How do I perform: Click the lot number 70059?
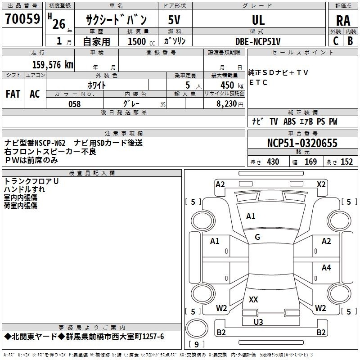pyautogui.click(x=22, y=19)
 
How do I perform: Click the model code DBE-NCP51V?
pyautogui.click(x=258, y=41)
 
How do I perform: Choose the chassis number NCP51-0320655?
pyautogui.click(x=302, y=143)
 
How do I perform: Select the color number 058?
pyautogui.click(x=74, y=104)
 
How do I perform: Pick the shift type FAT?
pyautogui.click(x=13, y=94)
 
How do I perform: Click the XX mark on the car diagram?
pyautogui.click(x=253, y=299)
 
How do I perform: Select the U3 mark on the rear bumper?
pyautogui.click(x=258, y=322)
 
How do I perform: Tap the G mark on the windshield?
pyautogui.click(x=257, y=237)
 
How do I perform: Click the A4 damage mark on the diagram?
pyautogui.click(x=326, y=268)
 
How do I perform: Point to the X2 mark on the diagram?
pyautogui.click(x=321, y=184)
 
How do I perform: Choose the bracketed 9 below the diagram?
pyautogui.click(x=197, y=345)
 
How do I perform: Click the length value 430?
pyautogui.click(x=273, y=162)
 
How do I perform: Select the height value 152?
pyautogui.click(x=346, y=162)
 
